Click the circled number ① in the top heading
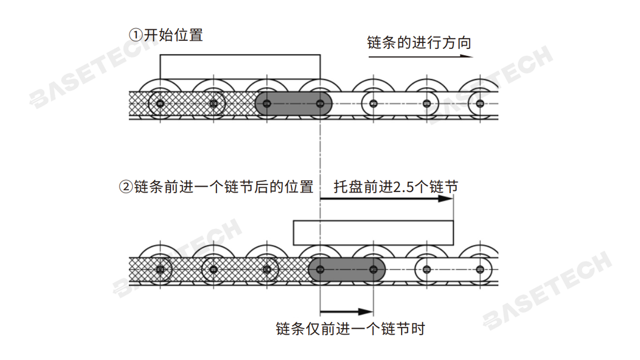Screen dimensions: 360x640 [136, 35]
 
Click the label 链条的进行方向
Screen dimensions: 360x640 [419, 43]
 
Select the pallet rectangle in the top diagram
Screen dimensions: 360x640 [240, 67]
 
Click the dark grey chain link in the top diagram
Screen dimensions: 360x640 [293, 104]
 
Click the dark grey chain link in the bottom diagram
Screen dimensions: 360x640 [347, 269]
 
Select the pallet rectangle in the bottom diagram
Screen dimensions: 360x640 [373, 233]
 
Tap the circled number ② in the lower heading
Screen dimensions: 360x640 [126, 187]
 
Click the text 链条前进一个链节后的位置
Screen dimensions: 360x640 [224, 187]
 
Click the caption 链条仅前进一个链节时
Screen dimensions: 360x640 [350, 329]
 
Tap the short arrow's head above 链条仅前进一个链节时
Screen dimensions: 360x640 [366, 312]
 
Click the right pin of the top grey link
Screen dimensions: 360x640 [320, 104]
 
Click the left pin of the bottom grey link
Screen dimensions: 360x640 [320, 269]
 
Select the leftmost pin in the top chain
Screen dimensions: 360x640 [160, 104]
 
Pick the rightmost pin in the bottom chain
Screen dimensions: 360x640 [480, 269]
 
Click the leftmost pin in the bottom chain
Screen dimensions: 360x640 [160, 269]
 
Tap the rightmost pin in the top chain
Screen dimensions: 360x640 [480, 104]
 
